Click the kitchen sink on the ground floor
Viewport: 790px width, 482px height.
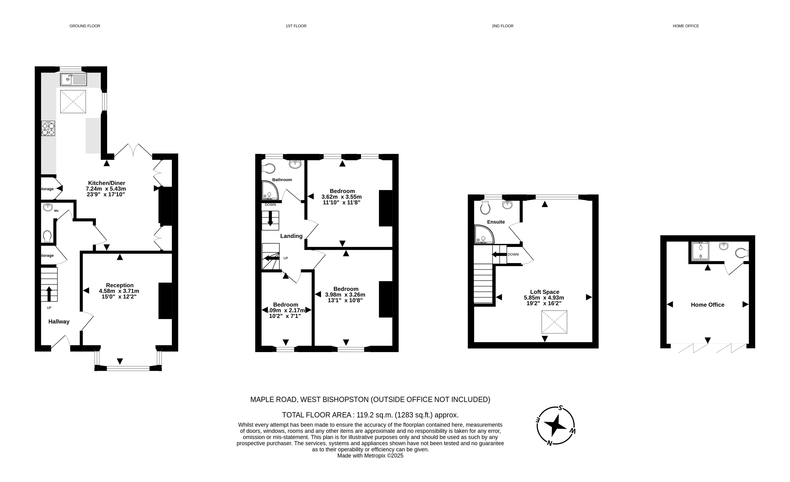(73, 79)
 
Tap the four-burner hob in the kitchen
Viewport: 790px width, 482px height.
(48, 128)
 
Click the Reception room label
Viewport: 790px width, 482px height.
(120, 285)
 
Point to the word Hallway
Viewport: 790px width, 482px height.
(59, 322)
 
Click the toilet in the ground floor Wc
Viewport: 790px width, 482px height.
(47, 236)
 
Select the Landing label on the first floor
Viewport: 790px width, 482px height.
(291, 236)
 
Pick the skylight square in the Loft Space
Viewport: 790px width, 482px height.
(554, 322)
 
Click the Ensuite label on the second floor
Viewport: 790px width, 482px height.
(496, 222)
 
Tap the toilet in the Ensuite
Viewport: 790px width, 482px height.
(485, 207)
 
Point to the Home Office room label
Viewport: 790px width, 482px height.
(708, 305)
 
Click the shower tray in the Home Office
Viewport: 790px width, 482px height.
(701, 250)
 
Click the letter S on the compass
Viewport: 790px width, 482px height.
(561, 408)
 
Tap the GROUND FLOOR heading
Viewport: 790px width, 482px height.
(85, 26)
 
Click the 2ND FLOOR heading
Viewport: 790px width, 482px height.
(502, 26)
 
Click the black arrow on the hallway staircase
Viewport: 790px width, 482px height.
(49, 294)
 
